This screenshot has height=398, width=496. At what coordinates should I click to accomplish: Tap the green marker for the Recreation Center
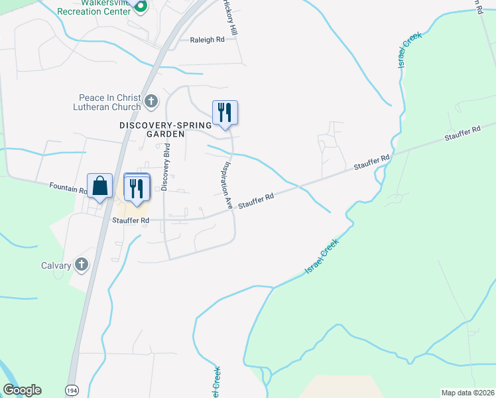pyautogui.click(x=141, y=7)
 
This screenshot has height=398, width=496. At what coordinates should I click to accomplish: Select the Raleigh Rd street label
pyautogui.click(x=208, y=40)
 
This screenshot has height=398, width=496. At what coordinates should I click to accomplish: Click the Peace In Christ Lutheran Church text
pyautogui.click(x=109, y=102)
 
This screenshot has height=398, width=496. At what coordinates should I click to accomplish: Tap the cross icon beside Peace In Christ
pyautogui.click(x=151, y=101)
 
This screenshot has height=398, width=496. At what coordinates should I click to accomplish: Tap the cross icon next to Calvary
pyautogui.click(x=81, y=265)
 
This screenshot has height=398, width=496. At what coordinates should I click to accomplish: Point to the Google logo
pyautogui.click(x=22, y=390)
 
